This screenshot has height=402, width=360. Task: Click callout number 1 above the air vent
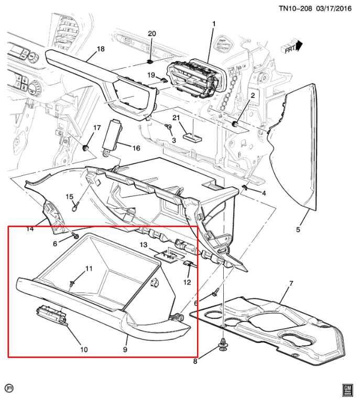click(213, 24)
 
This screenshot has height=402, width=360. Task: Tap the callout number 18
click(101, 49)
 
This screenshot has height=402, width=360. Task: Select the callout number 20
click(151, 33)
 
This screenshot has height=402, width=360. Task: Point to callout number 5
click(298, 229)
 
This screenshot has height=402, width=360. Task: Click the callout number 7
click(291, 284)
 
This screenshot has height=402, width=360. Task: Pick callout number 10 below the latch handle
click(84, 350)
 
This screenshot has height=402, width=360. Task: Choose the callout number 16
click(136, 148)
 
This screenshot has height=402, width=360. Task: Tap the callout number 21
click(176, 118)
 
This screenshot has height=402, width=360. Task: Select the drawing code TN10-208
click(296, 8)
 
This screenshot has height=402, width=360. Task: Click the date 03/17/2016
click(334, 8)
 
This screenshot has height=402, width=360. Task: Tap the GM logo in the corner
click(347, 390)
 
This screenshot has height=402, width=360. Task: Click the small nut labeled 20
click(150, 62)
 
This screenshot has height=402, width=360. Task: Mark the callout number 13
click(144, 245)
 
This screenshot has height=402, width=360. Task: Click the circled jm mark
click(10, 388)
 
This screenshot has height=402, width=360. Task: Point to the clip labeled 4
click(244, 187)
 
